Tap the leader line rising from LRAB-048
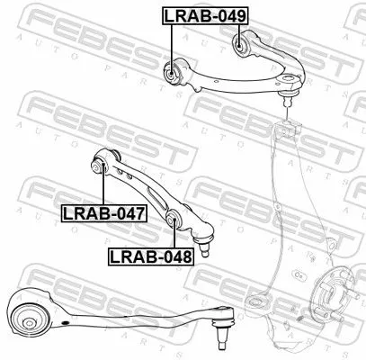[173, 237]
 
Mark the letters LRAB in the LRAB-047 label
[84, 213]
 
